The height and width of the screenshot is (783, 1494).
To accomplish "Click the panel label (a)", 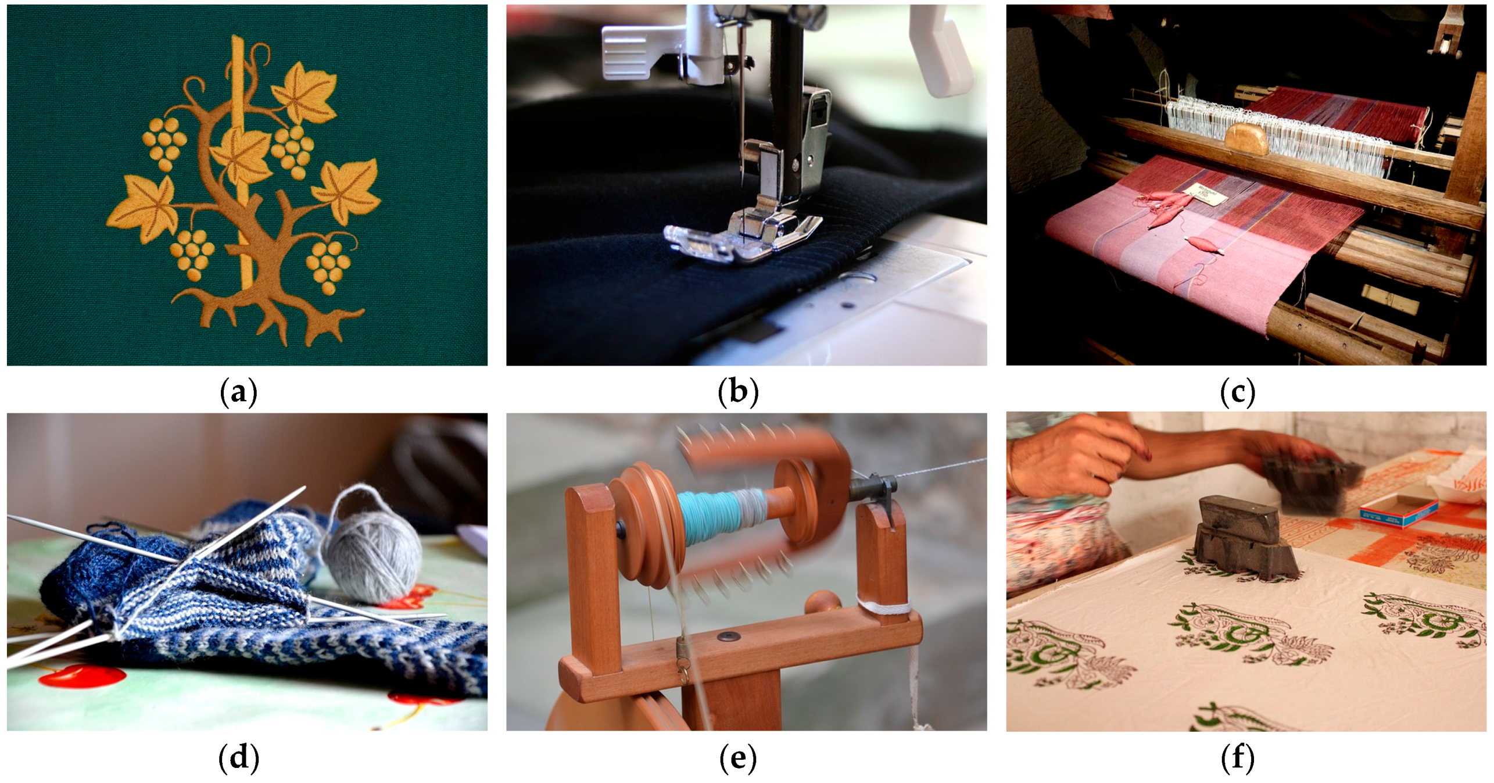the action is (x=239, y=393).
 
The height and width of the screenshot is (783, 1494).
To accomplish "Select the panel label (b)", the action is (x=739, y=393).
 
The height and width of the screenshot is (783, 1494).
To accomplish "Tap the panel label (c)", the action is (x=1238, y=393).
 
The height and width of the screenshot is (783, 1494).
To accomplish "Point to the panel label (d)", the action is (x=239, y=758).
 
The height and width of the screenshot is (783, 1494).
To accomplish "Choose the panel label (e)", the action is (x=739, y=758).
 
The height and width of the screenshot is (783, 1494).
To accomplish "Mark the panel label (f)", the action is (x=1238, y=758).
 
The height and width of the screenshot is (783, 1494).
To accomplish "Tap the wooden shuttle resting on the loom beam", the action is (x=1246, y=138).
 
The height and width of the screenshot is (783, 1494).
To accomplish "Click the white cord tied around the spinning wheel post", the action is (x=883, y=607).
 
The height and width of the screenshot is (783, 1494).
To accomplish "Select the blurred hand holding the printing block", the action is (x=1307, y=465).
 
